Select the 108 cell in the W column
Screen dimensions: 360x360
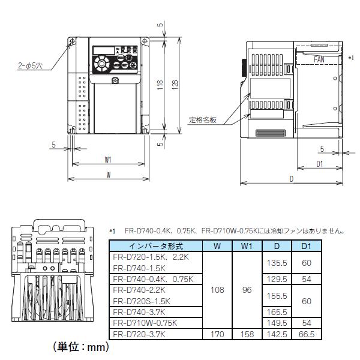218,290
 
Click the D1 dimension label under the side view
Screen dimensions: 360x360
320,163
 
